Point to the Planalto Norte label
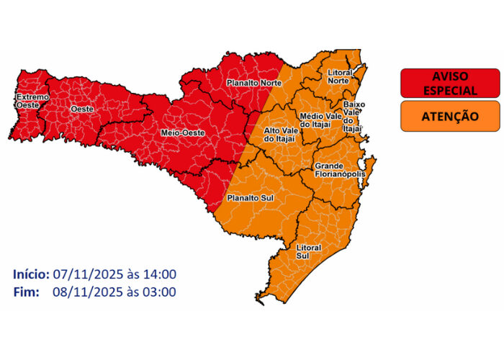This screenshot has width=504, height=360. pos(253,84)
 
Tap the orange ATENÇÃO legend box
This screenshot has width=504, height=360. pos(449,115)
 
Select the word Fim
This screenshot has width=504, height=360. pos(25,292)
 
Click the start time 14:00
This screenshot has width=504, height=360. pos(160,274)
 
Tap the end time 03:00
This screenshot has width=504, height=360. pos(160,292)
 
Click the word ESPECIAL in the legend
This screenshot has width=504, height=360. pos(449,91)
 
